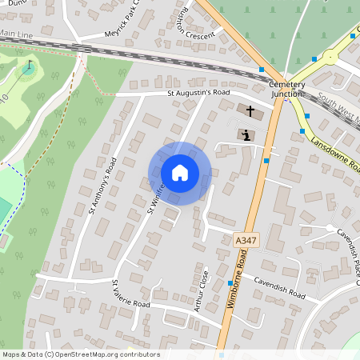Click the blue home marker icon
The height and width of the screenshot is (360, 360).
(180, 173)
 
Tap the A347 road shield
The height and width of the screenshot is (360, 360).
(246, 240)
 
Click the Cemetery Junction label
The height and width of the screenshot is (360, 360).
(286, 89)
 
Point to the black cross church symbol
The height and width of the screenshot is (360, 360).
(250, 111)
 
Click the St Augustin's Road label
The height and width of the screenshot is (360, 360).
(198, 93)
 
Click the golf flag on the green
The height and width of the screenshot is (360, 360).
(30, 66)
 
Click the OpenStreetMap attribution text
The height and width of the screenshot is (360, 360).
(81, 354)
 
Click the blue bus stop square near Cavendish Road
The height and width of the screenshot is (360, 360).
(230, 283)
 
